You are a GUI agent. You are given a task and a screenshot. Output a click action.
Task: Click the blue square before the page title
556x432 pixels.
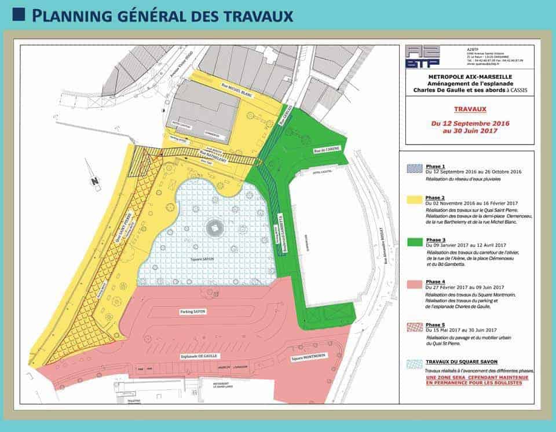18,14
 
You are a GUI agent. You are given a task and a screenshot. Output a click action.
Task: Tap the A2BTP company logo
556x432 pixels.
422,56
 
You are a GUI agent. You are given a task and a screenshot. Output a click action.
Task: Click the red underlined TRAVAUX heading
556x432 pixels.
470,108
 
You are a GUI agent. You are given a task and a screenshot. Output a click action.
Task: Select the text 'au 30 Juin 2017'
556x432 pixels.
470,131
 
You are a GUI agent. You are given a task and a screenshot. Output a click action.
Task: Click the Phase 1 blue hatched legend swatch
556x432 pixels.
414,168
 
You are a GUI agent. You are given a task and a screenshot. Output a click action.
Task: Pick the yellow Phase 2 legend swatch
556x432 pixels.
414,201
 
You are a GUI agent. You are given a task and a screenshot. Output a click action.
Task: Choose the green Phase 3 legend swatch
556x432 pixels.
414,242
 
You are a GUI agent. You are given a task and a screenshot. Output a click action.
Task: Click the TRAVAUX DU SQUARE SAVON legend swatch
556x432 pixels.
414,364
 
